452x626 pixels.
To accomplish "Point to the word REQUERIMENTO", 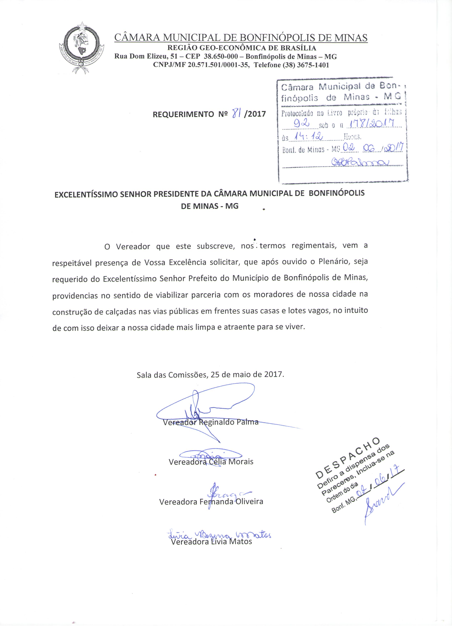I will pyautogui.click(x=183, y=114).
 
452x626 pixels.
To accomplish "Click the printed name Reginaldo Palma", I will pyautogui.click(x=229, y=422).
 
